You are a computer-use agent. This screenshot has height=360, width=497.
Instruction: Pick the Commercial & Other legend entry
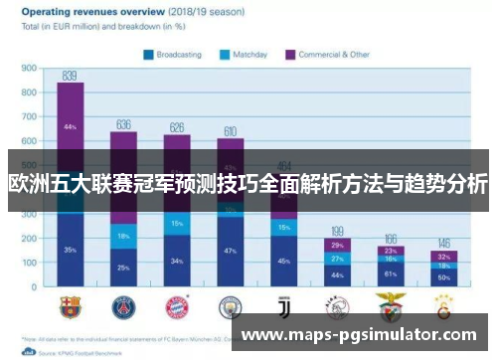(333, 55)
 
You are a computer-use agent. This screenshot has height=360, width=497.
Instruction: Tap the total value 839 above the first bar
(70, 76)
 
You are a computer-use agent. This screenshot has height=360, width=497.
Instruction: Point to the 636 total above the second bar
(123, 124)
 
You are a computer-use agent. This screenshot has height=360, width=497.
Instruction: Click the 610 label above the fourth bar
(231, 130)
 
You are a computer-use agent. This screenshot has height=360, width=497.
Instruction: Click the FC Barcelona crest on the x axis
(70, 303)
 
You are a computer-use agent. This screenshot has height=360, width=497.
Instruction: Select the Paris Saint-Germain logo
(123, 303)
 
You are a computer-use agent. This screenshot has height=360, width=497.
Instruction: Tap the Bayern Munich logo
(177, 303)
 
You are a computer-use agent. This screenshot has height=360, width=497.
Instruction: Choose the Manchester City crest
(231, 303)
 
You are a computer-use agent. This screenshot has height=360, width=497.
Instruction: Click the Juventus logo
(284, 303)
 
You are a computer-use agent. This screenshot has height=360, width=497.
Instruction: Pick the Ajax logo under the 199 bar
(338, 303)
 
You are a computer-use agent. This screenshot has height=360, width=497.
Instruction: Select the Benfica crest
(391, 303)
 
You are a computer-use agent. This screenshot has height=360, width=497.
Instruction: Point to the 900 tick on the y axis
(30, 70)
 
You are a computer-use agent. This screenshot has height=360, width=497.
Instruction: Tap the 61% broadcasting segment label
(391, 273)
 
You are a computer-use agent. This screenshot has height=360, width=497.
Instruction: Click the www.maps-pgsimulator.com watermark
(362, 335)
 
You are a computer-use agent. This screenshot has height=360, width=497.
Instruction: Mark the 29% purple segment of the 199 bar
(338, 245)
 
